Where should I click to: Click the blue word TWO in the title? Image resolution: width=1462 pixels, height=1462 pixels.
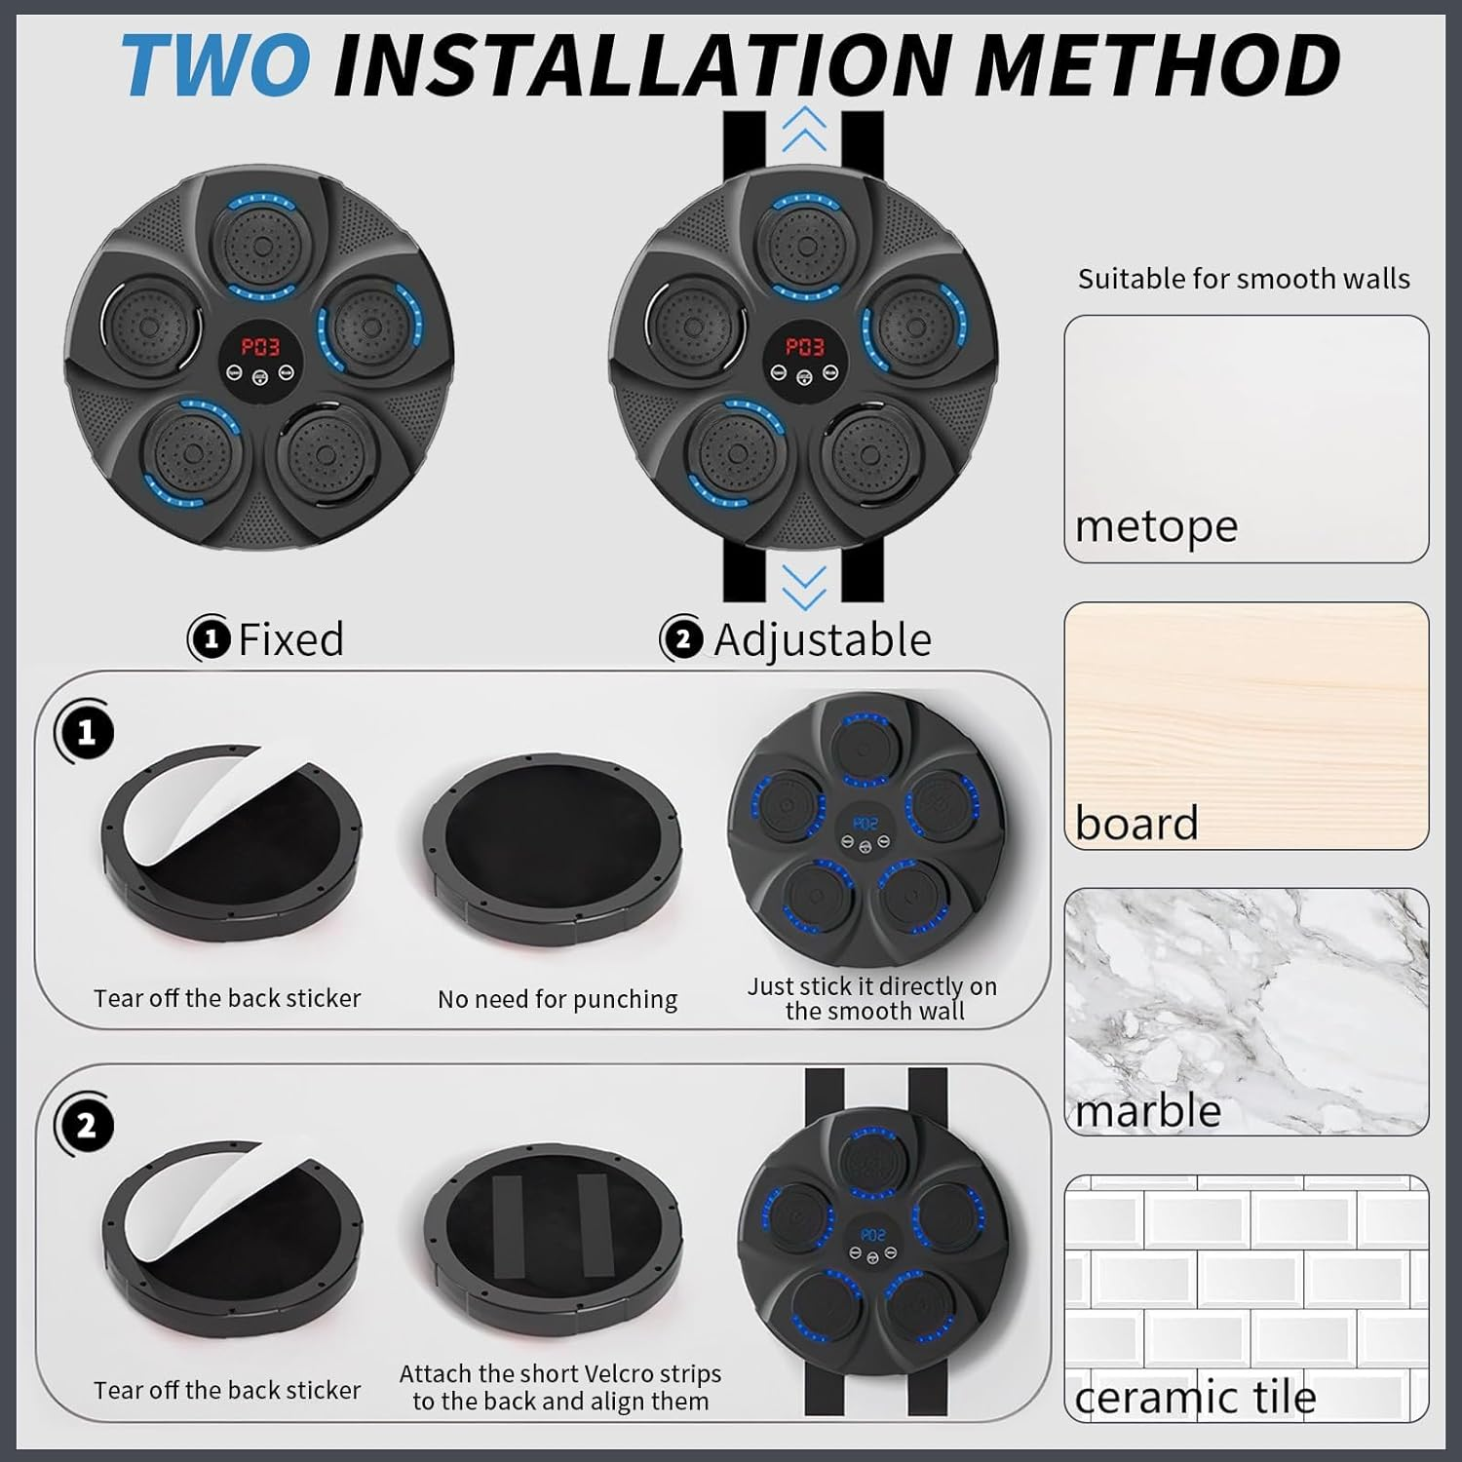coord(216,64)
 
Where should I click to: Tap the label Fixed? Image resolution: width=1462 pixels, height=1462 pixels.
coord(290,640)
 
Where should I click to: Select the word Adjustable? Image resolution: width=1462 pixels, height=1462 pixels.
coord(823,640)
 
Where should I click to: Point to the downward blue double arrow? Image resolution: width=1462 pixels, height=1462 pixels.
coord(804,588)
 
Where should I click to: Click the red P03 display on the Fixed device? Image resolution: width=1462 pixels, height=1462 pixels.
coord(260,347)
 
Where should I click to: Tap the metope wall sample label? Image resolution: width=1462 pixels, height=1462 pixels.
coord(1156,526)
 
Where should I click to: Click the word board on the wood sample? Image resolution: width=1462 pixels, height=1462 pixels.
coord(1136,824)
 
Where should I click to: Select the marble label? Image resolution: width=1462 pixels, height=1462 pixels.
coord(1148,1110)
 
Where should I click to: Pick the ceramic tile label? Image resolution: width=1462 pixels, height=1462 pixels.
coord(1195,1397)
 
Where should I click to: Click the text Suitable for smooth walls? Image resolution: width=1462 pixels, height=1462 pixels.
coord(1244,279)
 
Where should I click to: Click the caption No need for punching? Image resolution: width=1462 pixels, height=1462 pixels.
coord(558,999)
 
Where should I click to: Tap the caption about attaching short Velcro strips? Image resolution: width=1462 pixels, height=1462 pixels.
coord(560,1387)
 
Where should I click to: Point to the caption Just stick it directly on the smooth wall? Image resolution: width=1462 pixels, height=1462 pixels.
coord(872,998)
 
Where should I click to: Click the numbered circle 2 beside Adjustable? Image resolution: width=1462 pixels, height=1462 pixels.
coord(682,639)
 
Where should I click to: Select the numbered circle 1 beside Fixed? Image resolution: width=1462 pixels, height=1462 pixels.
coord(210,639)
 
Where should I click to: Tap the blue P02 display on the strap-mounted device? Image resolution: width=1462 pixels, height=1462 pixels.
coord(873,1235)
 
